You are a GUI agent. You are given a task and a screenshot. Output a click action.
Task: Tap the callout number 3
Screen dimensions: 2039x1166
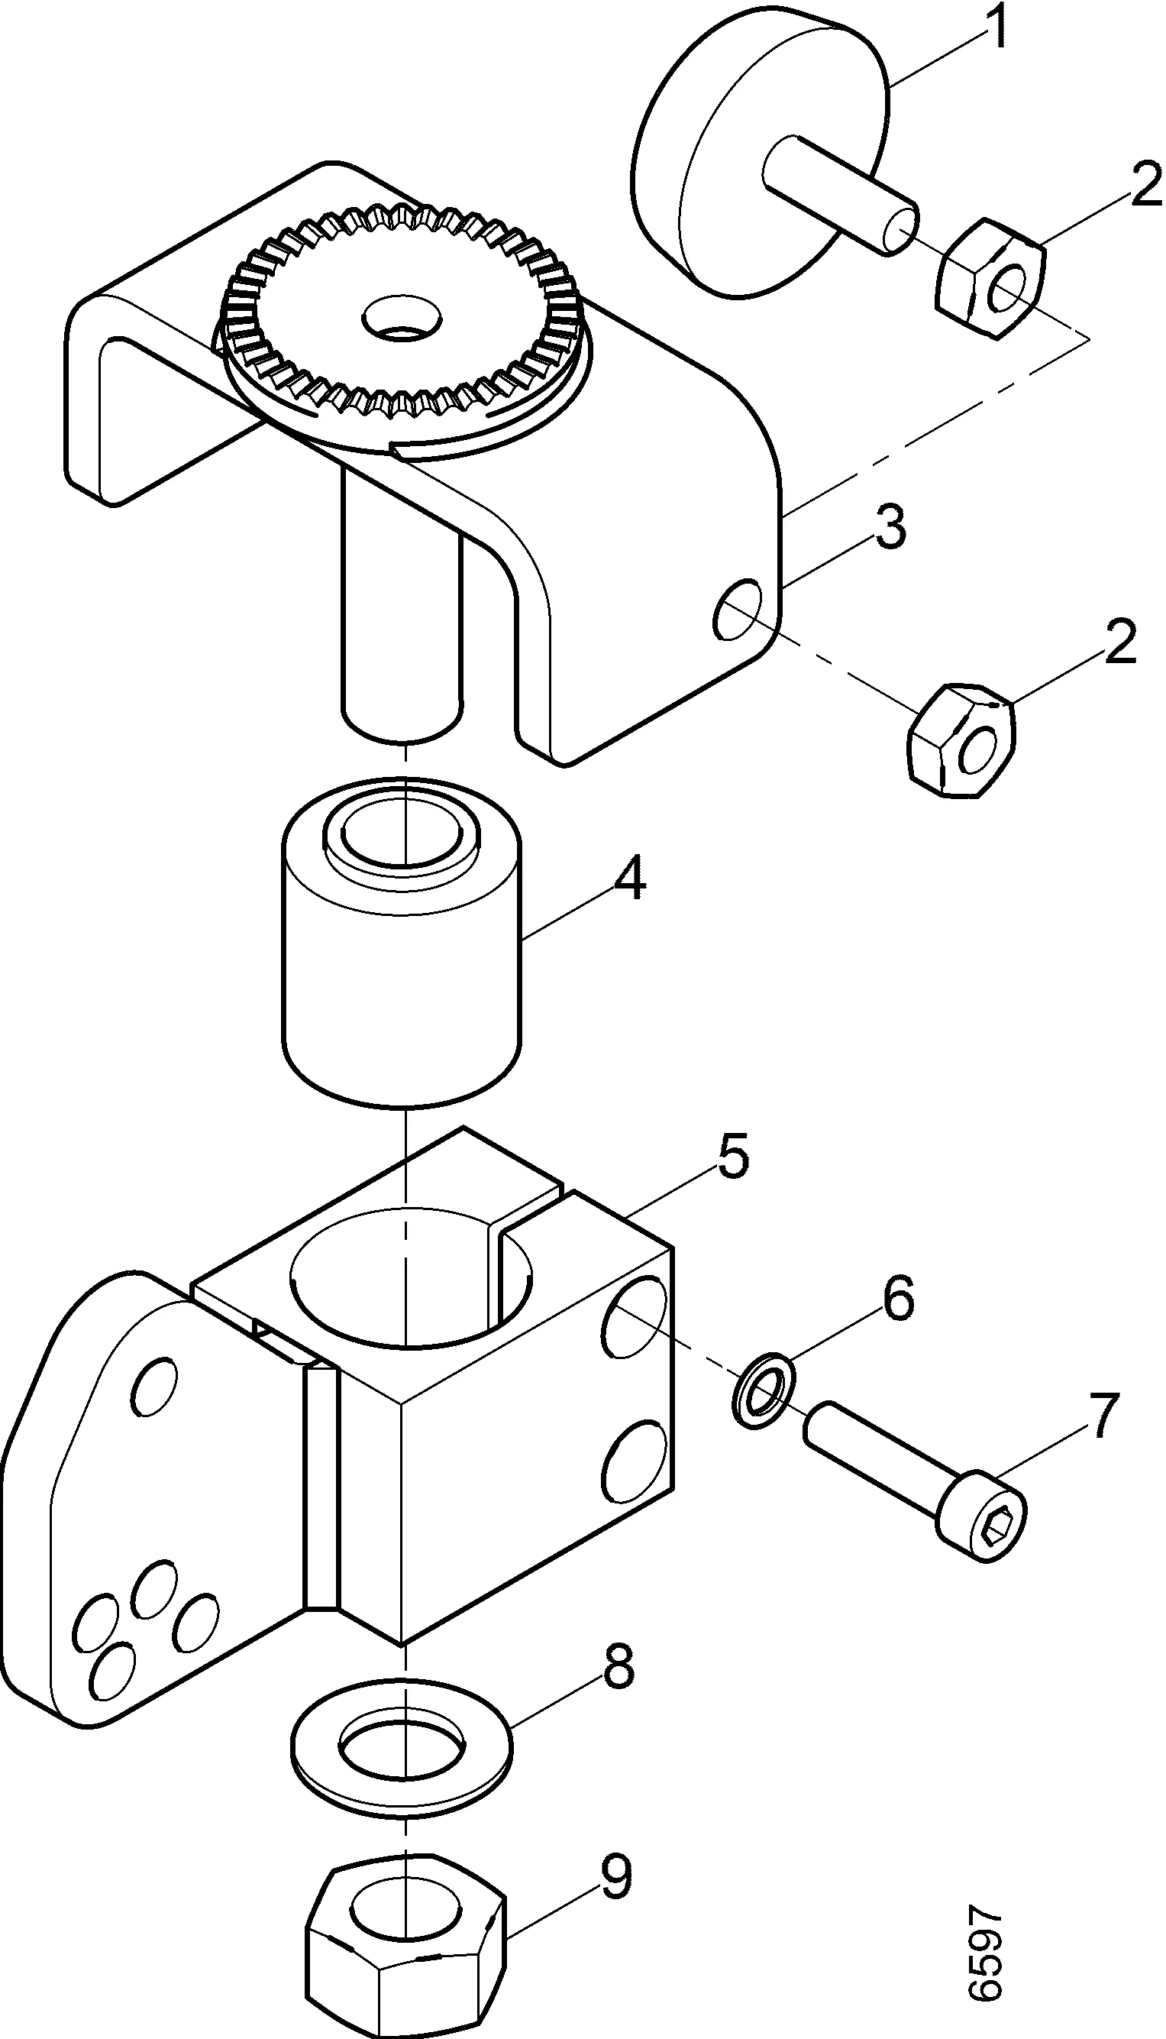coord(890,527)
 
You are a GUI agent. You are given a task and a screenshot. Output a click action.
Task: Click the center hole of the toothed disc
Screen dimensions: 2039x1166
coord(400,318)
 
